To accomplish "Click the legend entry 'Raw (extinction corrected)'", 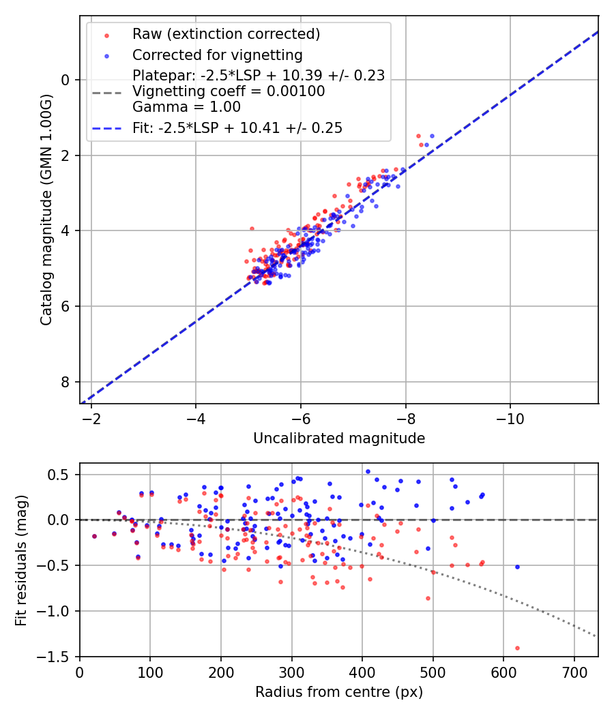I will pos(226,34).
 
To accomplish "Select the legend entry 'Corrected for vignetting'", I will pos(217,55).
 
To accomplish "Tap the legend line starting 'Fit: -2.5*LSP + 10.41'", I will pos(237,128).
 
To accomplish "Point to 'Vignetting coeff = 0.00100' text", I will pos(229,91).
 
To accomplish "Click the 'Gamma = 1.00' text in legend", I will pos(186,107).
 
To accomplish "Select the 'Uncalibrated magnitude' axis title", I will pos(339,438).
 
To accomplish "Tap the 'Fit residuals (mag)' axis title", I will pos(21,560).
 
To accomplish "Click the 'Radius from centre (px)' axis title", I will pos(339,692).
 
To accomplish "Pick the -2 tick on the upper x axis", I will pos(91,417).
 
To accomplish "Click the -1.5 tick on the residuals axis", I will pos(59,657).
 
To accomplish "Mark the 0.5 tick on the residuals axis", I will pos(63,475).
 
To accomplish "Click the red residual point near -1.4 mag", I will pos(517,648).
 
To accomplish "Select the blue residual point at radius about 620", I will pos(517,567).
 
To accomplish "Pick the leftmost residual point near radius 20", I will pos(94,536).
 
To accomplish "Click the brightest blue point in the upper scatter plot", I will pos(431,136).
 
